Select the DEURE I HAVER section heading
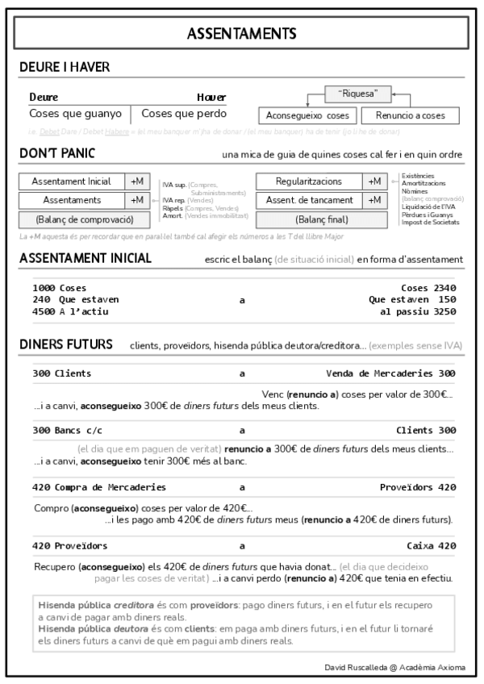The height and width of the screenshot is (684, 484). (x=65, y=67)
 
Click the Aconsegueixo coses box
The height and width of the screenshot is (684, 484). (x=307, y=115)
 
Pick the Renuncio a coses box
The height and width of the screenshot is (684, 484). (x=410, y=115)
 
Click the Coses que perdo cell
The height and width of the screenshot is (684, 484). (x=179, y=114)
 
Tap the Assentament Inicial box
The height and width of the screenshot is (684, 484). (x=72, y=181)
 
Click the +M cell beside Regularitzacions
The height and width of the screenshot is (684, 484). (x=374, y=181)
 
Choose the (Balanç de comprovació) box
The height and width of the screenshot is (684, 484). (x=84, y=219)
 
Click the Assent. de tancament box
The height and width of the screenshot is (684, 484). (x=309, y=200)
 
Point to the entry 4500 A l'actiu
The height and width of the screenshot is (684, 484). (x=70, y=311)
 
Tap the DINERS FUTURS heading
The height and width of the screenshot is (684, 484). (x=66, y=345)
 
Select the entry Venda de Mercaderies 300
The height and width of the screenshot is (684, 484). (x=390, y=373)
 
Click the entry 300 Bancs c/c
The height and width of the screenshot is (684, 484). (x=66, y=430)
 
